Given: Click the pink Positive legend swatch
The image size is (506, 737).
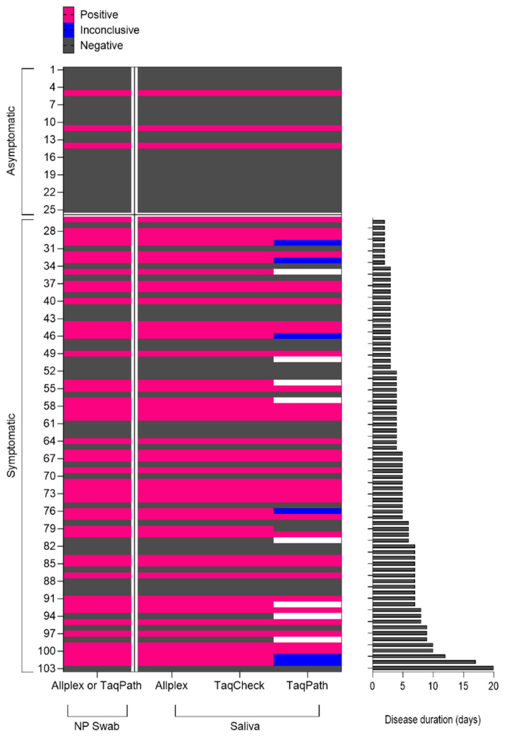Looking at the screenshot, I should point(68,15).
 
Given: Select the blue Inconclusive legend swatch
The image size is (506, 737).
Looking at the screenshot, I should point(68,30).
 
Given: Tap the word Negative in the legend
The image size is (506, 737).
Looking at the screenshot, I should point(102,46).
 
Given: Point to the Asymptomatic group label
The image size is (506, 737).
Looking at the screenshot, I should point(11,141).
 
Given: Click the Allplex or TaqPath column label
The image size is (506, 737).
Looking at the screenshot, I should point(97,686).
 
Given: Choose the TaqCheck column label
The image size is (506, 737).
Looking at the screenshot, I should point(239,686).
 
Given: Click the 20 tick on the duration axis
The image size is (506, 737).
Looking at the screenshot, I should point(493,686).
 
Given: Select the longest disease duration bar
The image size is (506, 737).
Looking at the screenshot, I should point(433,668).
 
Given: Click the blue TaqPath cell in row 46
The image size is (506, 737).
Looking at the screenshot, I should point(307,336).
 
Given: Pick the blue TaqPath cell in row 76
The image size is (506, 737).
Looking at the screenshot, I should point(307,511).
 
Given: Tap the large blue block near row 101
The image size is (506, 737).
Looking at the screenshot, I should point(307,660).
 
